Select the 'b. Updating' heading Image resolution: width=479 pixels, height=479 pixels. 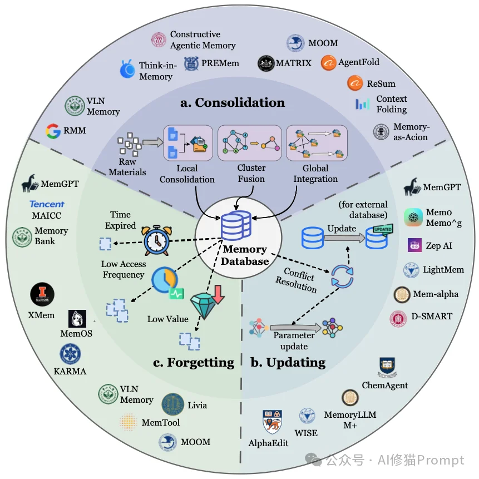[288, 363]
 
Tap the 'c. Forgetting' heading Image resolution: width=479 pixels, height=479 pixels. [194, 363]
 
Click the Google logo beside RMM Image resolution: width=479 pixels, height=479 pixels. [53, 131]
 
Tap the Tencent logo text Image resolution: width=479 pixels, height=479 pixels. [47, 204]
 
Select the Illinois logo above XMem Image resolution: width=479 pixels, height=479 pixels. [43, 295]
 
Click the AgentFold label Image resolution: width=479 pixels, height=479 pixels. [358, 63]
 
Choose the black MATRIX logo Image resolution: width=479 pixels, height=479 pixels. [266, 63]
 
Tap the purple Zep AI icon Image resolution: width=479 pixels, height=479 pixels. [414, 245]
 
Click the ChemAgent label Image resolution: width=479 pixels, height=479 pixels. [385, 385]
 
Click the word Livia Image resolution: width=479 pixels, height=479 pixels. [197, 404]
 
